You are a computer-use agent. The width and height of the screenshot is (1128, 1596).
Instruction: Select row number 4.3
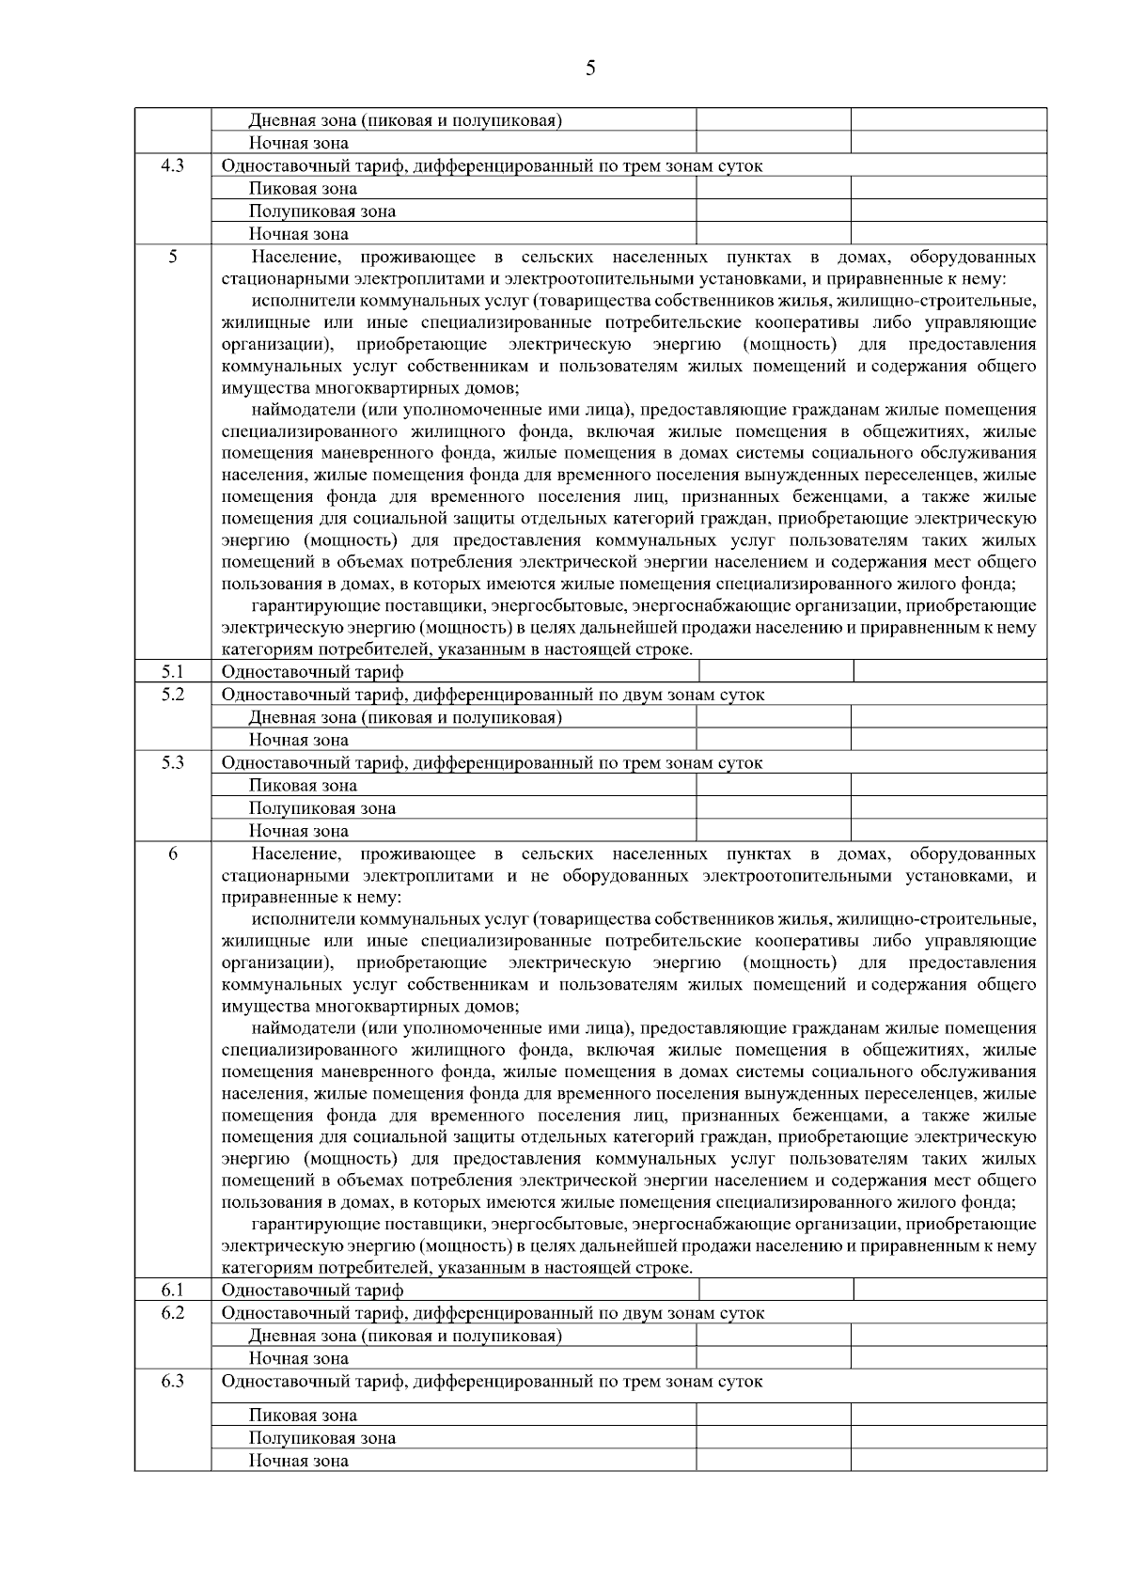tap(172, 165)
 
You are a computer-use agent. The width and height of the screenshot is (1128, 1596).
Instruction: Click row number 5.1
tap(172, 671)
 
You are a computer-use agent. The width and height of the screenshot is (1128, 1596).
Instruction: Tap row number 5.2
tap(172, 694)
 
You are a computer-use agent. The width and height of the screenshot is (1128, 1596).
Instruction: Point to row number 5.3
tap(172, 762)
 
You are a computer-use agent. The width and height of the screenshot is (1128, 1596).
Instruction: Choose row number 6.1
tap(172, 1290)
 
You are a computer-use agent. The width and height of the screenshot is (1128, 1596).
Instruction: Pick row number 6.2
tap(172, 1312)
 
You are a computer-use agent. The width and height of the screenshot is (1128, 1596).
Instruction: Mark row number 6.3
tap(172, 1381)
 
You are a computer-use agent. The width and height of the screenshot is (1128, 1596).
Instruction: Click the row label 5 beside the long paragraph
tap(173, 256)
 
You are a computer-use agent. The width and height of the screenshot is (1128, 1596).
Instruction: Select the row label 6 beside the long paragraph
tap(173, 853)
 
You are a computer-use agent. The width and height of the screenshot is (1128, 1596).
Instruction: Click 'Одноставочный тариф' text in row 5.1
tap(312, 672)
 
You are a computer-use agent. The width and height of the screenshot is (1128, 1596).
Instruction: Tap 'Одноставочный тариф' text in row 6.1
tap(312, 1291)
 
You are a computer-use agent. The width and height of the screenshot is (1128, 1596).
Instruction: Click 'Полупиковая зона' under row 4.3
tap(321, 211)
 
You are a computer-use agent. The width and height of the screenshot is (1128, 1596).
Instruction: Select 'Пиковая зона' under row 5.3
tap(303, 786)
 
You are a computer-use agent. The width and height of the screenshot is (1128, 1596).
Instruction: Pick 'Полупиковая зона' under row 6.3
tap(321, 1438)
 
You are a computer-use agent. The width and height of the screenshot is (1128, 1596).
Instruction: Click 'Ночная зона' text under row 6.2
tap(298, 1359)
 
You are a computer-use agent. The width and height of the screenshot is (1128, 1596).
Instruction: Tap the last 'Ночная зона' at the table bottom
tap(298, 1461)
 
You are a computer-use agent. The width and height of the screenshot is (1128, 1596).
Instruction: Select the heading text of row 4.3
tap(492, 166)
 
